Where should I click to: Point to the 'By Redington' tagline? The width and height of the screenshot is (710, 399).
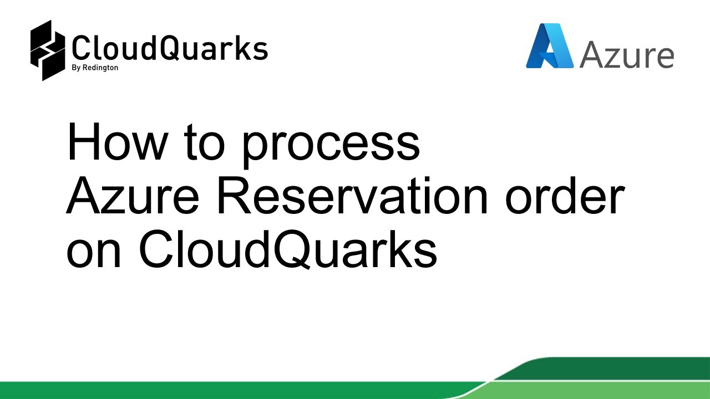point(94,68)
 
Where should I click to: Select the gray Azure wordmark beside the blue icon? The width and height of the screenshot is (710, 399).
point(627,55)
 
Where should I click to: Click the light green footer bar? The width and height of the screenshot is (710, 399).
point(222,390)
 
